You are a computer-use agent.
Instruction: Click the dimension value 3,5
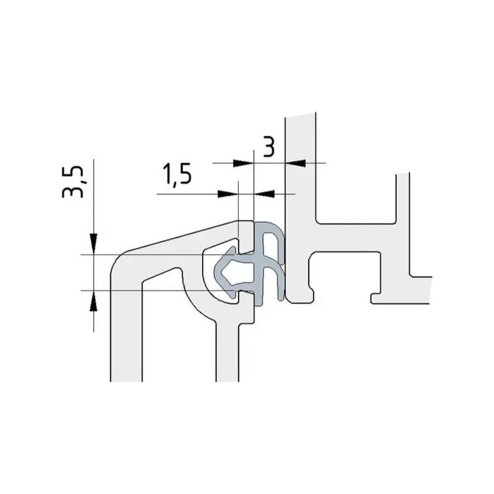(73, 182)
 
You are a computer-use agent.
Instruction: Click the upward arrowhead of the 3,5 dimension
(93, 300)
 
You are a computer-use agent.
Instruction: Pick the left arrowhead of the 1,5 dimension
(227, 194)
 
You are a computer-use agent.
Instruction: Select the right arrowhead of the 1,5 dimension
(264, 194)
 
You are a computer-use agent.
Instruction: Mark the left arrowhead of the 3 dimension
(243, 163)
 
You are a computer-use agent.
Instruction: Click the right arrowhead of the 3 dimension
(295, 163)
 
